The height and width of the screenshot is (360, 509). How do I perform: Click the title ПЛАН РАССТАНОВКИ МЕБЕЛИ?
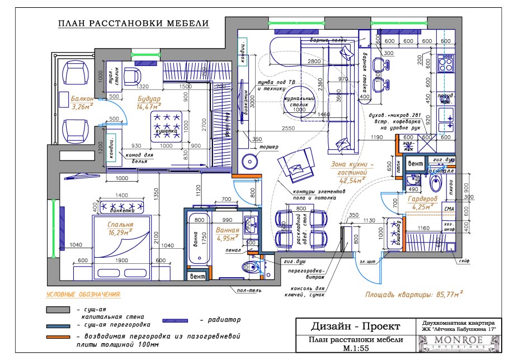pos(133,23)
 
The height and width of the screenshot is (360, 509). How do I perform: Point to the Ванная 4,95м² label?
pos(228,234)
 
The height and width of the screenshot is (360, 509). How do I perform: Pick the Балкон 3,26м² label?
pos(81,102)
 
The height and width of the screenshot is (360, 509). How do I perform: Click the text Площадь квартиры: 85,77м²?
pos(409,292)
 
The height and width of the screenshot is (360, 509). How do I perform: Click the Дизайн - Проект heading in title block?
pos(355,326)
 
